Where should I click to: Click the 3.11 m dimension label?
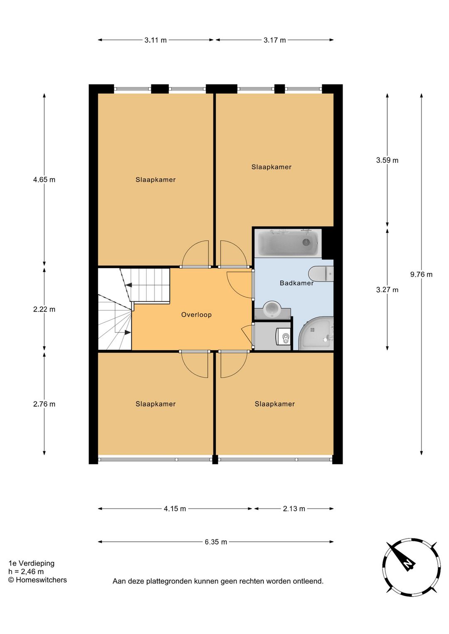click(x=155, y=40)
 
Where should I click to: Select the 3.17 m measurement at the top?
click(x=274, y=40)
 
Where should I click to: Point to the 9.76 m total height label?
click(x=421, y=274)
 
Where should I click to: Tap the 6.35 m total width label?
click(x=216, y=542)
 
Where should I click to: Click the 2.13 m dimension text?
click(x=294, y=509)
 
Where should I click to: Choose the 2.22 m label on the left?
click(x=44, y=309)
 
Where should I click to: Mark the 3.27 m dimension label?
click(x=387, y=290)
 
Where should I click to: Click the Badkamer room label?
click(x=296, y=283)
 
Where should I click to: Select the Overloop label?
click(x=196, y=315)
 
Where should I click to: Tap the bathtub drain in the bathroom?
click(x=306, y=242)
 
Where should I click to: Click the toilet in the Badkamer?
click(x=321, y=274)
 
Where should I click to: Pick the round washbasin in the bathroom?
click(x=272, y=310)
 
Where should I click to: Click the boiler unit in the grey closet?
click(x=284, y=337)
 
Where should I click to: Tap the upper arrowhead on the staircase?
click(x=129, y=285)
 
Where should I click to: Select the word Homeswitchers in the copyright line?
click(x=41, y=580)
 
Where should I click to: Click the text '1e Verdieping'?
click(x=32, y=563)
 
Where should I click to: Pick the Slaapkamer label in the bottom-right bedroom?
click(x=274, y=404)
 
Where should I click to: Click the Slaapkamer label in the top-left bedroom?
click(x=155, y=179)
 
